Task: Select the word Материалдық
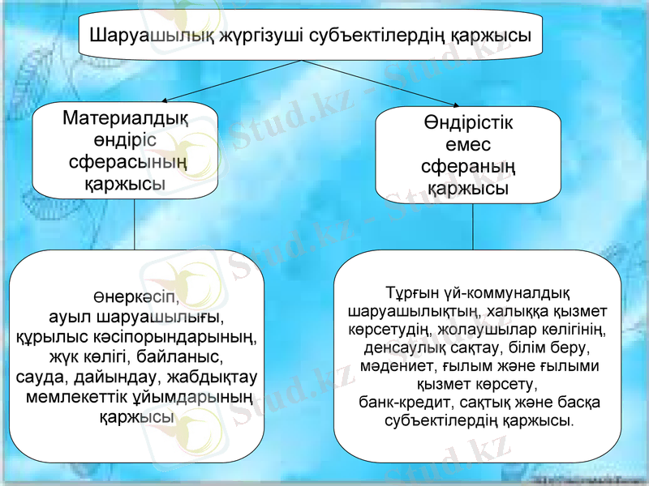(125, 119)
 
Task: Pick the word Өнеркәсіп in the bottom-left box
(136, 295)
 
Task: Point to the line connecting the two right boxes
(473, 226)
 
